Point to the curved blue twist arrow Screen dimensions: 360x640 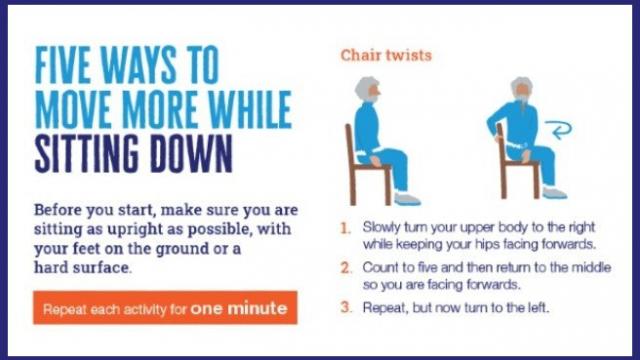(x=560, y=127)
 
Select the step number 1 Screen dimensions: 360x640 (x=345, y=227)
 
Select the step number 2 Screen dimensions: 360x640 (x=345, y=267)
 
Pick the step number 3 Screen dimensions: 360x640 (x=345, y=307)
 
